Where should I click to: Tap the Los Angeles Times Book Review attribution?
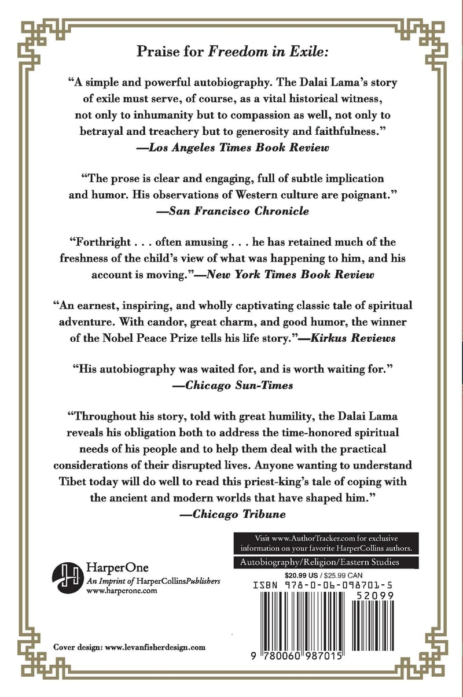(231, 147)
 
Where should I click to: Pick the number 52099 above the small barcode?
(379, 596)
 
